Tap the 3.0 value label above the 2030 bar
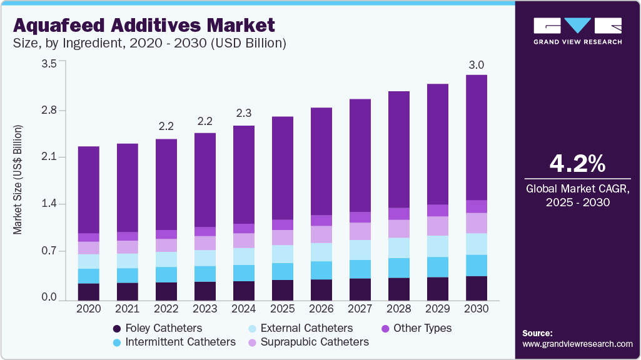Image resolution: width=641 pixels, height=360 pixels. point(477,65)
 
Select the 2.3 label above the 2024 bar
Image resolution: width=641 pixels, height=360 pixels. point(244,113)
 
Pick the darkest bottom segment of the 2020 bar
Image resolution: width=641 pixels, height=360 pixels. point(89,292)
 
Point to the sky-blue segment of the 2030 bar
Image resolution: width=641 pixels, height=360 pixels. point(477,265)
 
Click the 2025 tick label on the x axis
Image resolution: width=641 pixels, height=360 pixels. point(283,309)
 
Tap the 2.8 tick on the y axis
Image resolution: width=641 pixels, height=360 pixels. point(49,111)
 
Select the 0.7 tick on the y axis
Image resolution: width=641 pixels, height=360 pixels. point(49,251)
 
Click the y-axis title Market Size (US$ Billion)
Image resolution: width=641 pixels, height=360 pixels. point(18,180)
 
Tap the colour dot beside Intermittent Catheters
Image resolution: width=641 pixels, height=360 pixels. point(117,342)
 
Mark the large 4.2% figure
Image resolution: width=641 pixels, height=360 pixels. point(577,164)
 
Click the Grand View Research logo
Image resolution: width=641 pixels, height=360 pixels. point(577,31)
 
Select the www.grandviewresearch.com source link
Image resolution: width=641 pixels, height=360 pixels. point(577,344)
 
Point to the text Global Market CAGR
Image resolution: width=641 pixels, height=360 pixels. point(577,189)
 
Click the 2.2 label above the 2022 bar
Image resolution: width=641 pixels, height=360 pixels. point(166,126)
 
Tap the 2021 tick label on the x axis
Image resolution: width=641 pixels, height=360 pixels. point(128,309)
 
